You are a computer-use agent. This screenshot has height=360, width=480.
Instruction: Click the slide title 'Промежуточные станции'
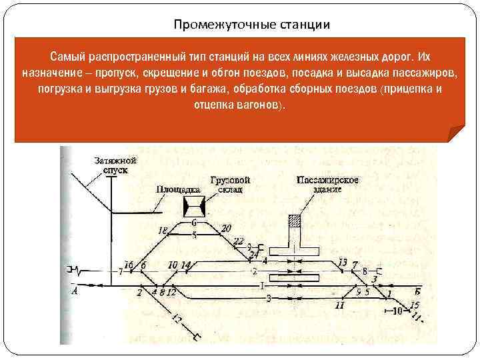click(251, 25)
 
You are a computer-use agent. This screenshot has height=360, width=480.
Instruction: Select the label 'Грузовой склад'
click(229, 185)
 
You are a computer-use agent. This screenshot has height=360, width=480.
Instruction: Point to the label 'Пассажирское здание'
click(327, 185)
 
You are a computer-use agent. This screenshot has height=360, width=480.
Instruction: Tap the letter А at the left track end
click(74, 291)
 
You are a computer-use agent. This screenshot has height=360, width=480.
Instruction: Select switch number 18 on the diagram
click(163, 231)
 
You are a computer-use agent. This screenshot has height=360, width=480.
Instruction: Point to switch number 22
click(238, 241)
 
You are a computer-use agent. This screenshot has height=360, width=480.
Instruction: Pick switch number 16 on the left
click(129, 265)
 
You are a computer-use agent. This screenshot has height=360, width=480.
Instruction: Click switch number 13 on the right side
click(343, 262)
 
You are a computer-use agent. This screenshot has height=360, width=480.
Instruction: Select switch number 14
click(185, 265)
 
